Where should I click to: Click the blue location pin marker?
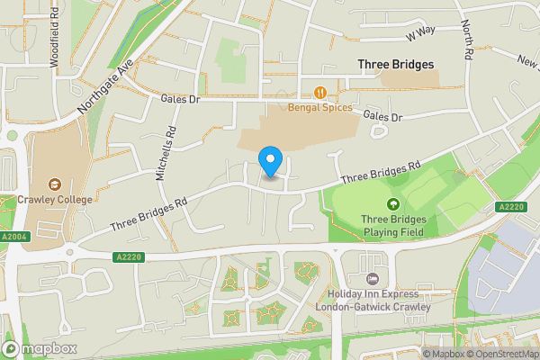click(270, 160)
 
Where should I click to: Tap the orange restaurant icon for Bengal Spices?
click(320, 93)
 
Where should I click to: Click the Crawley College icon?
click(56, 184)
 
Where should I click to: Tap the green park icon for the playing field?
click(392, 203)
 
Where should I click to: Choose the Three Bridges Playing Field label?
click(393, 225)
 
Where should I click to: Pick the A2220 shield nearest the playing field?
click(510, 206)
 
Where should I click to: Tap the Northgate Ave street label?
click(105, 86)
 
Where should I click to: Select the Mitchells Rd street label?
click(167, 153)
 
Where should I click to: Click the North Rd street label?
click(467, 40)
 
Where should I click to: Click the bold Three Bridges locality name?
click(395, 65)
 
